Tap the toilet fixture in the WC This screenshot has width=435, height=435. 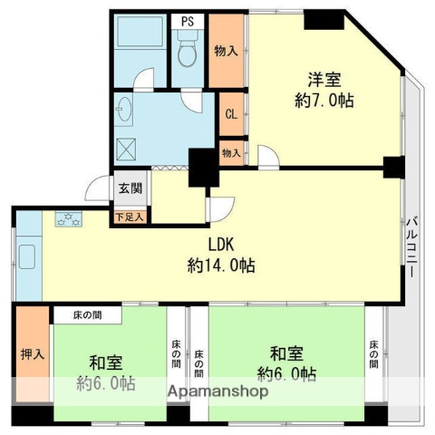[188, 53]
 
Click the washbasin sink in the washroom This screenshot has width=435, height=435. [124, 115]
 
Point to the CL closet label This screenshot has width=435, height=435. [231, 114]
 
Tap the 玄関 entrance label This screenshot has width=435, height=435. [130, 189]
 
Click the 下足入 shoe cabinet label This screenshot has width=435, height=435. [130, 217]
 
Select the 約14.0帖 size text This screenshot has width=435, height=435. [221, 266]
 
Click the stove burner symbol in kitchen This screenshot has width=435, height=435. [69, 218]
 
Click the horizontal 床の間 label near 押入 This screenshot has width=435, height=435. [88, 315]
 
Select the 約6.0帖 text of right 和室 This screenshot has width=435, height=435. [286, 374]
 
